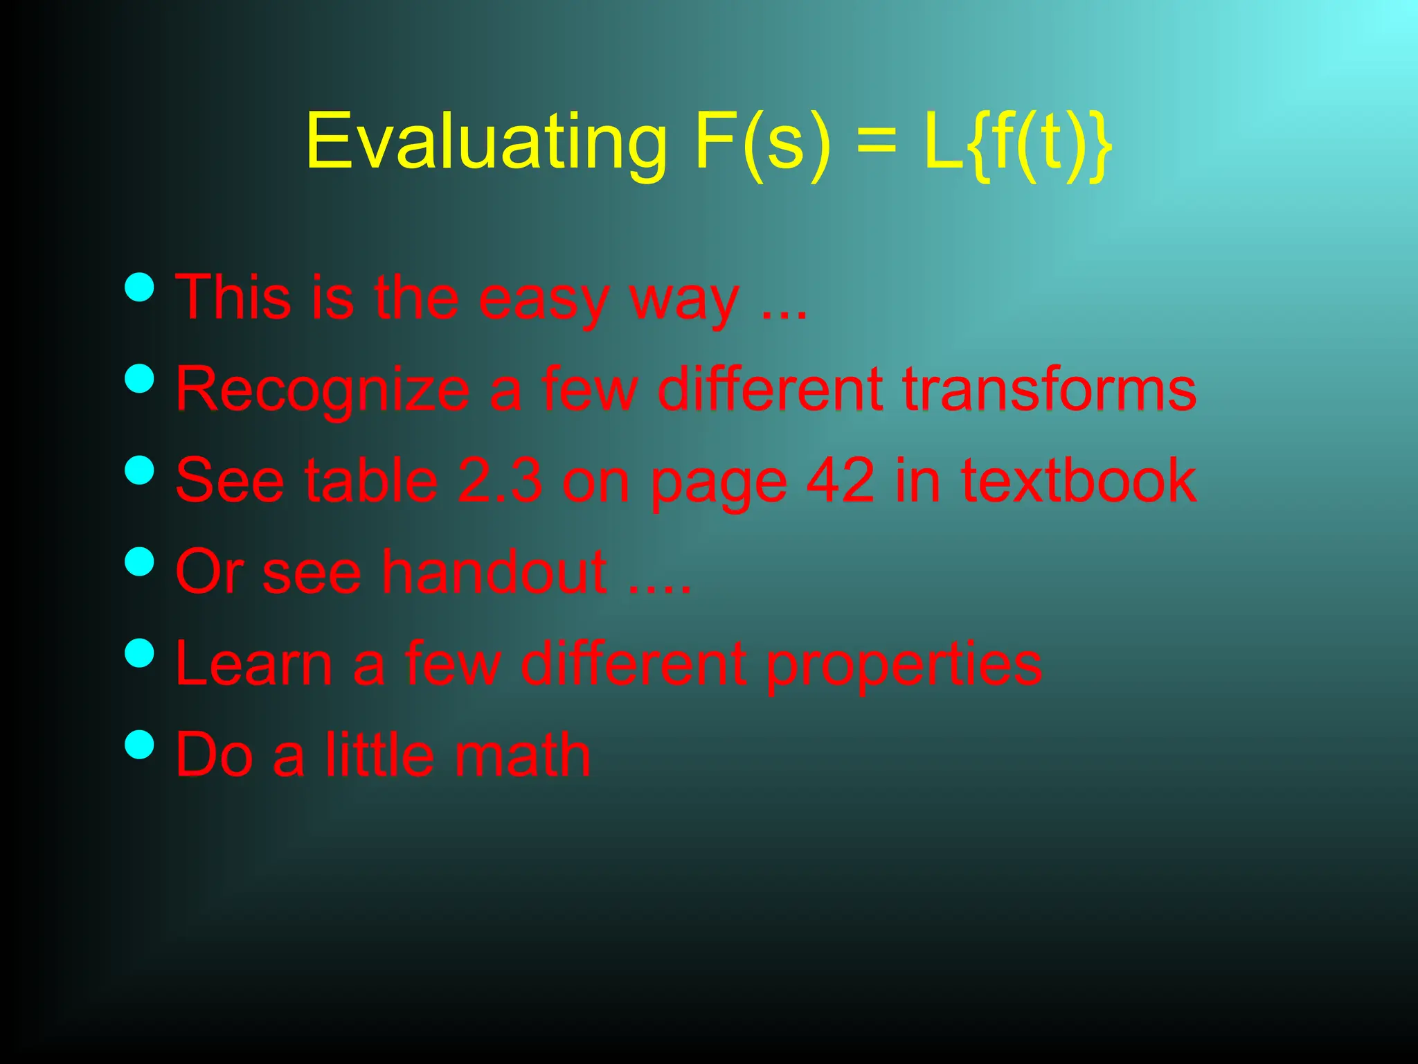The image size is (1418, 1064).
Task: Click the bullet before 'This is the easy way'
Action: (140, 287)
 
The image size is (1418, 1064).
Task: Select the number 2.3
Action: (500, 481)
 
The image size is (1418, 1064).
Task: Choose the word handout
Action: (494, 572)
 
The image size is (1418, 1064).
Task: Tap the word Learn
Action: (254, 664)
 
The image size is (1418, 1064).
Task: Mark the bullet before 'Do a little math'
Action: (140, 745)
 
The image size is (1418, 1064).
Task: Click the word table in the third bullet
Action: (371, 481)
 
